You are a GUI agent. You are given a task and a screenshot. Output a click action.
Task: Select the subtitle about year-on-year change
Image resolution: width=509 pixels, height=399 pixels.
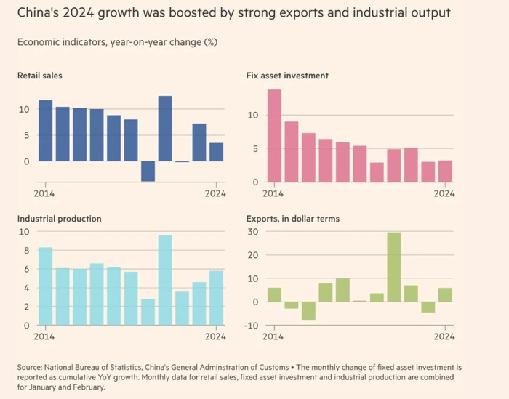pyautogui.click(x=117, y=41)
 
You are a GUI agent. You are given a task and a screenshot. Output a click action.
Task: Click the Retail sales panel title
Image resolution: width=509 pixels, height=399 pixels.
pyautogui.click(x=40, y=75)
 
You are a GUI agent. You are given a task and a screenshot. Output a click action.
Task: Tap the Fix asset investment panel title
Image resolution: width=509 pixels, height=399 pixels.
pyautogui.click(x=288, y=75)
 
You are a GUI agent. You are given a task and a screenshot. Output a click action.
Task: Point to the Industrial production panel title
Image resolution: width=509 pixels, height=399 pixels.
pyautogui.click(x=60, y=218)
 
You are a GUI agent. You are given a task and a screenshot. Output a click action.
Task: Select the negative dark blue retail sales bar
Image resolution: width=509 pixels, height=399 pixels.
pyautogui.click(x=148, y=171)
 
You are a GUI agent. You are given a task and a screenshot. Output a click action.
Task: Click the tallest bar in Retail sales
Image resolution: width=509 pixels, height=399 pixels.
pyautogui.click(x=165, y=128)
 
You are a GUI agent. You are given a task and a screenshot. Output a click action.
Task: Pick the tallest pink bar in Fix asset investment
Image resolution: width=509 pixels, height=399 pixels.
pyautogui.click(x=274, y=135)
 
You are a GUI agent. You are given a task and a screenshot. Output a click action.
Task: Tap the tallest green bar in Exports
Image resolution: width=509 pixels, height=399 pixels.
pyautogui.click(x=394, y=267)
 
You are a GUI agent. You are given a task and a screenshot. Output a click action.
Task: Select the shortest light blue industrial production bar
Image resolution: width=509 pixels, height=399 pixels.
pyautogui.click(x=148, y=312)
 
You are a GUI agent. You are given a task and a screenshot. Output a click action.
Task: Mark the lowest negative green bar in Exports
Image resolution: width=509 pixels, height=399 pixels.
pyautogui.click(x=308, y=310)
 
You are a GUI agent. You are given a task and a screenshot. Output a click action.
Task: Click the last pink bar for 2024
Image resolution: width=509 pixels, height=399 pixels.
pyautogui.click(x=446, y=171)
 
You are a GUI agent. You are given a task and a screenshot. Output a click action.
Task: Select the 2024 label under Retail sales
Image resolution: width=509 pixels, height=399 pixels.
pyautogui.click(x=215, y=193)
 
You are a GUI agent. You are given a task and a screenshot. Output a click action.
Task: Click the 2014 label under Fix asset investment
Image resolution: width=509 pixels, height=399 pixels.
pyautogui.click(x=273, y=193)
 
